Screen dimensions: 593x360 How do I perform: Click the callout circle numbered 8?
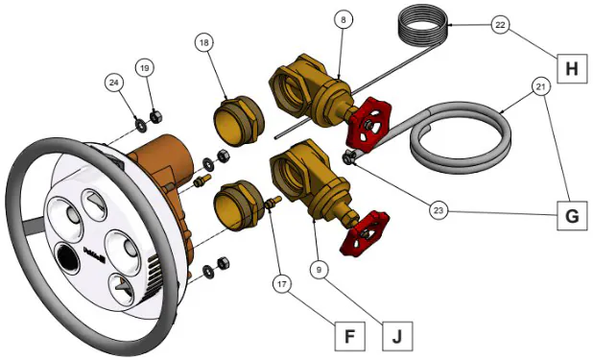[344, 19]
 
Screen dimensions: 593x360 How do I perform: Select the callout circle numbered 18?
[204, 43]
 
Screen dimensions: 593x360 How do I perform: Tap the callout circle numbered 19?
[145, 68]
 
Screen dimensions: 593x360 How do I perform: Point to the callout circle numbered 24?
[114, 83]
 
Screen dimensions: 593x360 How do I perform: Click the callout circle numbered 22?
[500, 25]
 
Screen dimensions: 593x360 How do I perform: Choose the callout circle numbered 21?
[541, 86]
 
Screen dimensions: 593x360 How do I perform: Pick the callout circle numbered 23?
[438, 209]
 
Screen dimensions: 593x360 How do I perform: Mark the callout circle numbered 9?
[319, 270]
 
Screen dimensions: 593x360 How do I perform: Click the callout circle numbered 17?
[282, 284]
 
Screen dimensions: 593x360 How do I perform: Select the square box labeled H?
[572, 69]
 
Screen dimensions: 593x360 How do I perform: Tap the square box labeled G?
[572, 215]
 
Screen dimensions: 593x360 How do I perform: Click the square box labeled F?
[350, 336]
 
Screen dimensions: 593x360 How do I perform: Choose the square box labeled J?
[397, 336]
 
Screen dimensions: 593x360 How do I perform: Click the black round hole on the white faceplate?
[68, 258]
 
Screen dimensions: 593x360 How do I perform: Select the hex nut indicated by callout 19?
[155, 116]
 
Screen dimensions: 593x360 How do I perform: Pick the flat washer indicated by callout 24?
[142, 126]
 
